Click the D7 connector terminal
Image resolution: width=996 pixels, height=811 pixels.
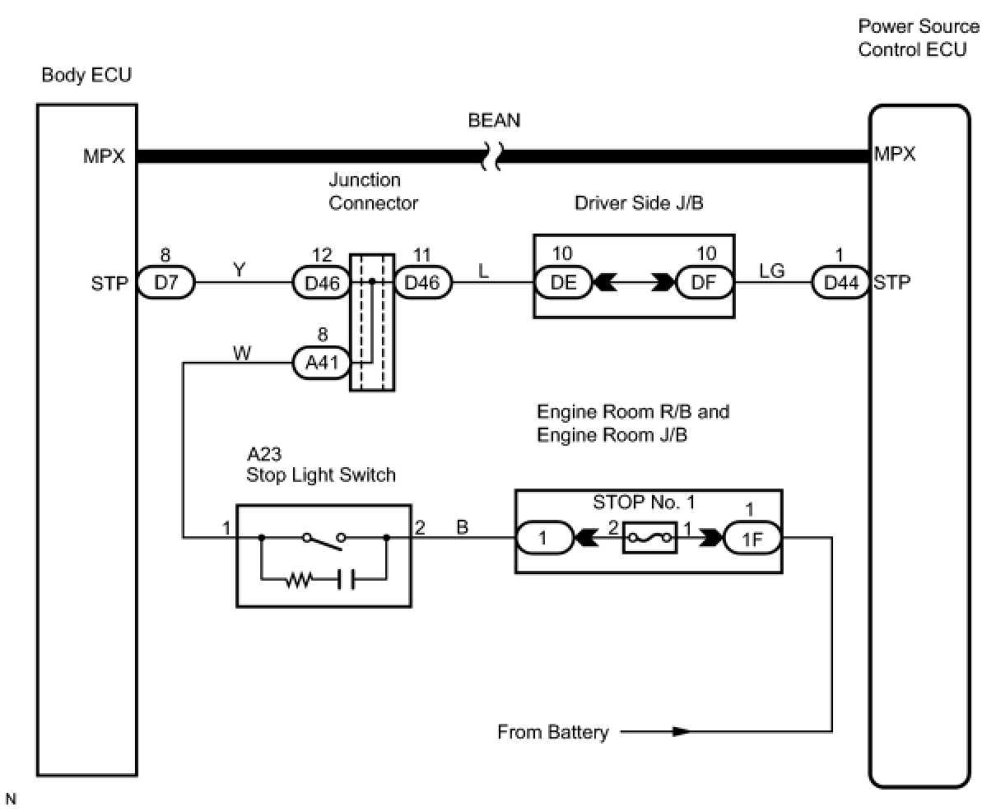[x=166, y=282]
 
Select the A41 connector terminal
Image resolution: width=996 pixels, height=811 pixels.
[x=321, y=363]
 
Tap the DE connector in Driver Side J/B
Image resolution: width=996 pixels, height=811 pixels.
[x=564, y=282]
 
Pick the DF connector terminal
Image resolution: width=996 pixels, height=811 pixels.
[x=705, y=282]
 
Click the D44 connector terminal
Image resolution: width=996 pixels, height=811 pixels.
[x=840, y=282]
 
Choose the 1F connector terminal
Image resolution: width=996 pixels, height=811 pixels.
[x=752, y=538]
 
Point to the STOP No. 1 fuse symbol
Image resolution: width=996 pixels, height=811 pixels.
[x=650, y=538]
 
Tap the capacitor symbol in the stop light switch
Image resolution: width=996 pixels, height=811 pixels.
[x=346, y=579]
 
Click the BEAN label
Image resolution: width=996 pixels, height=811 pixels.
[x=494, y=121]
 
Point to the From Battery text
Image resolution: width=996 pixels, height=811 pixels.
[x=553, y=731]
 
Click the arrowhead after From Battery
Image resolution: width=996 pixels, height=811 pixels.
[x=682, y=731]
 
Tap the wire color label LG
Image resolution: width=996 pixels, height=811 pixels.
[x=771, y=271]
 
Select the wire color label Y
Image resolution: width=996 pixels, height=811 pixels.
[x=239, y=270]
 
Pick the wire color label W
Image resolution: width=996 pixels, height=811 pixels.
[x=242, y=353]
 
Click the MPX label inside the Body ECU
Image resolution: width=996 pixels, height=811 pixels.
[x=104, y=156]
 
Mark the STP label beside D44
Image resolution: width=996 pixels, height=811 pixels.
[x=891, y=282]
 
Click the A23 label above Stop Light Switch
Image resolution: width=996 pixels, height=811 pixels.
[x=264, y=454]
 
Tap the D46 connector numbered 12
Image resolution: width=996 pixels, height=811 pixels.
[x=321, y=282]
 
